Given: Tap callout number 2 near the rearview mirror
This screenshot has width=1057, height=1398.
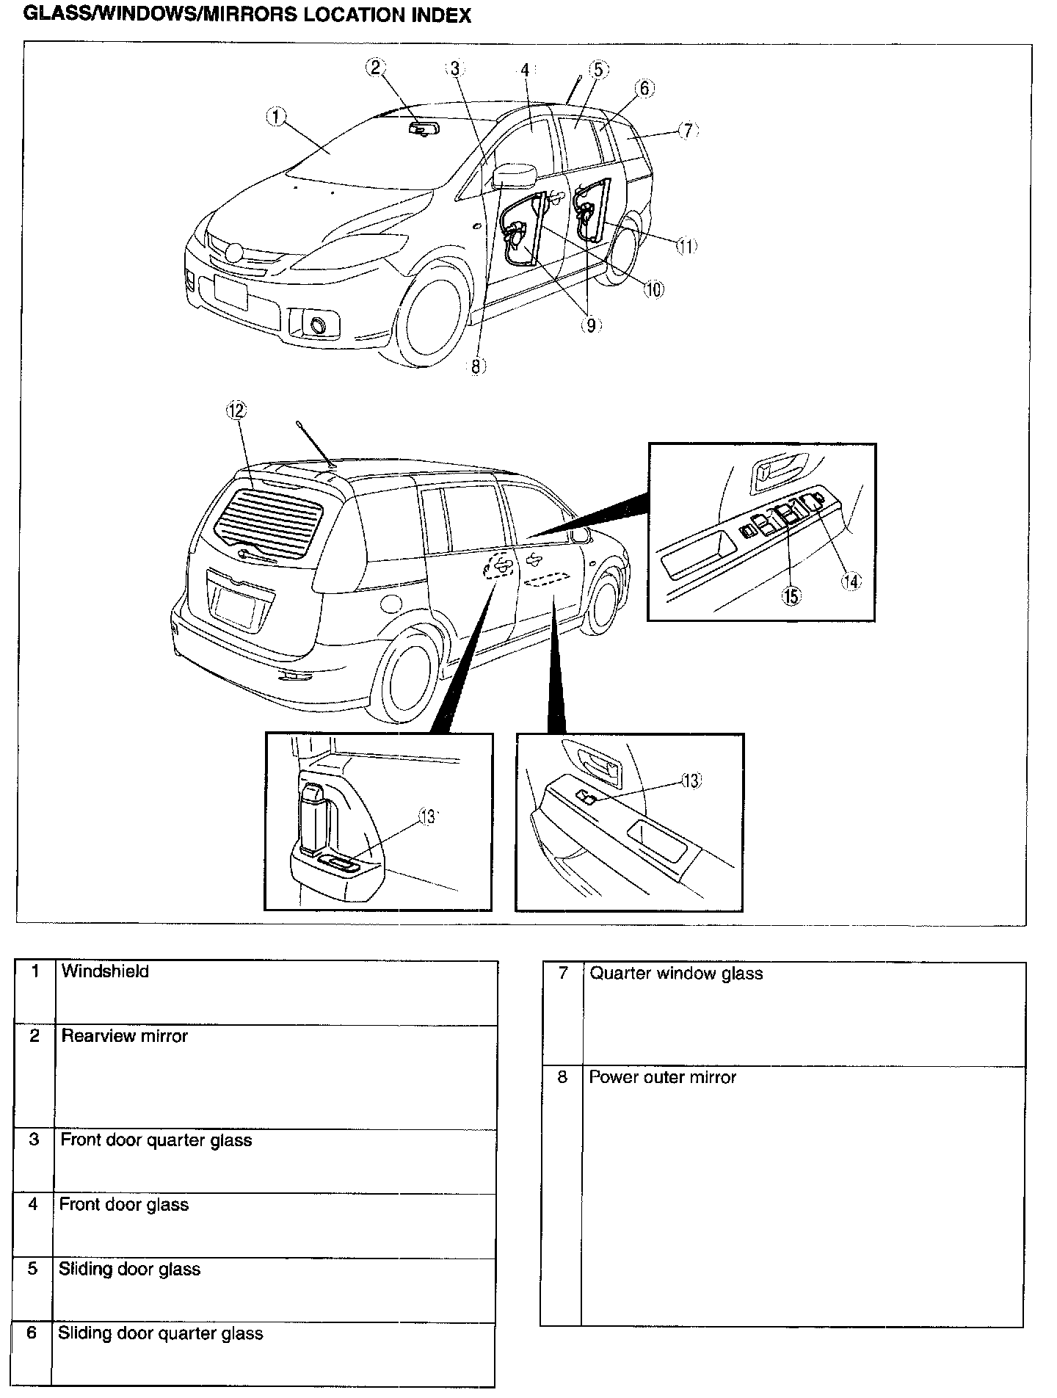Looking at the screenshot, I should pos(375,68).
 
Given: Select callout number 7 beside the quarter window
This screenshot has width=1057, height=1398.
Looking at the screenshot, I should pos(686,131).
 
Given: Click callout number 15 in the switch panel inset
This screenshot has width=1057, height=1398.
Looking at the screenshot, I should pos(791,596).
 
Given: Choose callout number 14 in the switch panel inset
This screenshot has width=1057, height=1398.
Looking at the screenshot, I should pos(850,581).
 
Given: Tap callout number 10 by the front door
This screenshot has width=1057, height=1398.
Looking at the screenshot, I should pos(653,289).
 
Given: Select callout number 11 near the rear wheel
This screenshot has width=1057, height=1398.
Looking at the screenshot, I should pos(686,246).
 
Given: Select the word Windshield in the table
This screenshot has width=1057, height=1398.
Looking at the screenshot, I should pos(105,971).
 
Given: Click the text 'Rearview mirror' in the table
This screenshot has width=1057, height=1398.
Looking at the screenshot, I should pos(124,1036).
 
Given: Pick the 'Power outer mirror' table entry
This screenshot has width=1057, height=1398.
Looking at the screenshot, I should pos(662,1077).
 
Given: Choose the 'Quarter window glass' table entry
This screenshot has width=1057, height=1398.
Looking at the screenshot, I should pos(676,974).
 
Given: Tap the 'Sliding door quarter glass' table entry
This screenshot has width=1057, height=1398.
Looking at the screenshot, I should pos(160,1333).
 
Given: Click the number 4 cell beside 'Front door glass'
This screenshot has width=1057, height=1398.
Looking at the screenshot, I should pos(33,1205).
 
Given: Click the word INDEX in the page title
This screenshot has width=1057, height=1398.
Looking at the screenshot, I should pos(438,15).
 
